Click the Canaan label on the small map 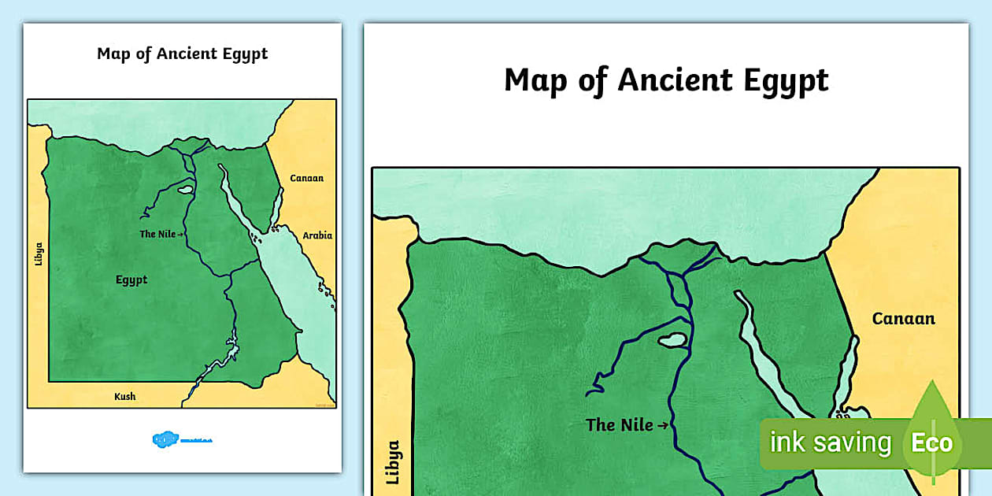(x=306, y=178)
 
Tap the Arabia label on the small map (x=317, y=235)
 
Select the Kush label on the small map (x=124, y=396)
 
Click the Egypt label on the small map (x=131, y=279)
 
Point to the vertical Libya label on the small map (x=39, y=254)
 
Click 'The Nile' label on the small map (x=157, y=234)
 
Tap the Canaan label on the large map (x=903, y=319)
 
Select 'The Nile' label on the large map (x=620, y=425)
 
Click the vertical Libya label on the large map (x=394, y=462)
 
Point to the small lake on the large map (x=672, y=341)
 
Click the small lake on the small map (x=185, y=189)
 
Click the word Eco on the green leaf (x=931, y=442)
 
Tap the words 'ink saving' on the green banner (x=829, y=442)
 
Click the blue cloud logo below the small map (x=165, y=439)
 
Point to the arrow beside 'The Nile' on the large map (x=663, y=426)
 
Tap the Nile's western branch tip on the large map (x=588, y=391)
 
